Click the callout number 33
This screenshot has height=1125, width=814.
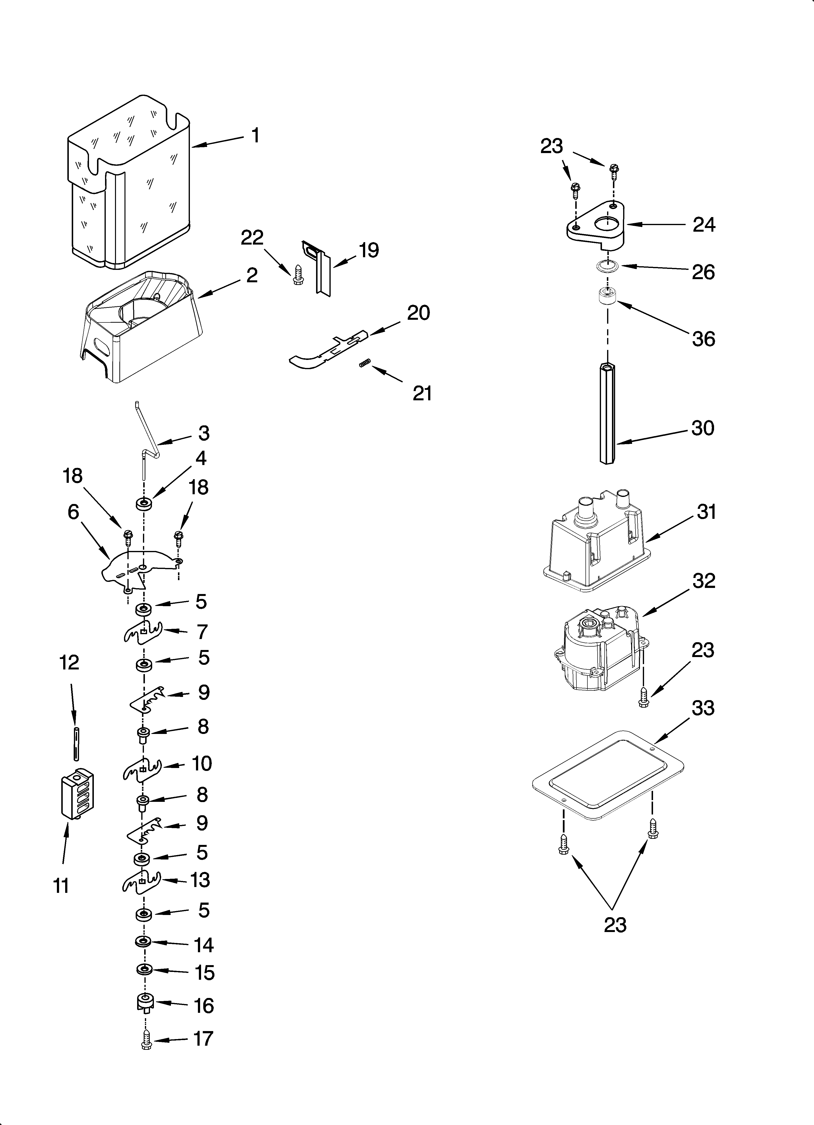coord(703,708)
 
